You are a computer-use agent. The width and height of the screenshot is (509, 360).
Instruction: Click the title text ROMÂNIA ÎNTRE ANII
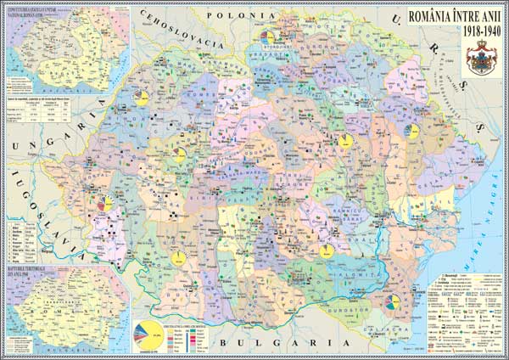tap(455, 15)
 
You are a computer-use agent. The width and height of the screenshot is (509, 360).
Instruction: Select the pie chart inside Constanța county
tap(392, 301)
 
